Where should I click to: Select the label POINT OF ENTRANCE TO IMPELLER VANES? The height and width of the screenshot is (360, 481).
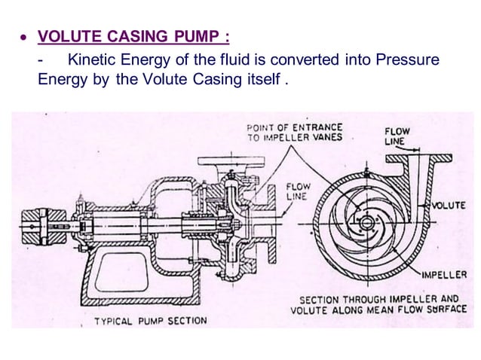tap(294, 132)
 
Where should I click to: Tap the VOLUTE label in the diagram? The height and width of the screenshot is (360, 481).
tap(449, 204)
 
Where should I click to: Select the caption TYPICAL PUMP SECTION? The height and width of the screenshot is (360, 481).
tap(150, 321)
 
